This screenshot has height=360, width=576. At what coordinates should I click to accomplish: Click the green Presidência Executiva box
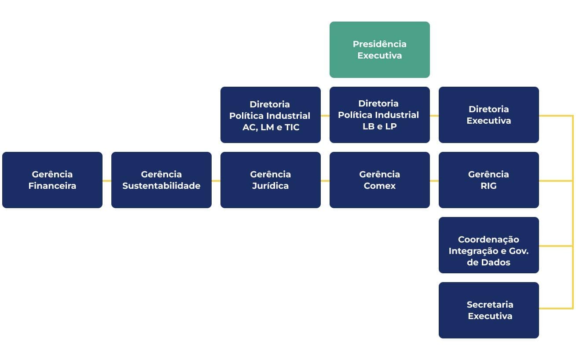click(x=379, y=50)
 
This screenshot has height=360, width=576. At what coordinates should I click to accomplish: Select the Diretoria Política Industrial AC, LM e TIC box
click(x=270, y=115)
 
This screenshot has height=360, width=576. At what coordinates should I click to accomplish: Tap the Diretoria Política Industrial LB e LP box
click(x=379, y=115)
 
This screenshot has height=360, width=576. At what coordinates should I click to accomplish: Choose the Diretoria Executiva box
click(x=488, y=115)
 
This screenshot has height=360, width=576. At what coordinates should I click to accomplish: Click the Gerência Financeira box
click(x=52, y=180)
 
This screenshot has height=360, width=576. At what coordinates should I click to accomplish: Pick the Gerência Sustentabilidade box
click(x=161, y=180)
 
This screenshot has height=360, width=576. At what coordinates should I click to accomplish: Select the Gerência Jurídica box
click(x=270, y=180)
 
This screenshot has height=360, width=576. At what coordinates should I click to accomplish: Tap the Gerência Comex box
click(x=379, y=180)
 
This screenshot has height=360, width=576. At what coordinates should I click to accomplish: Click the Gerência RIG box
click(x=488, y=180)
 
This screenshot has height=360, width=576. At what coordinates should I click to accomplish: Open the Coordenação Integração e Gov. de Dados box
click(x=488, y=245)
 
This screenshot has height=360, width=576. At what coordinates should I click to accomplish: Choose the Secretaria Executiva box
click(x=488, y=310)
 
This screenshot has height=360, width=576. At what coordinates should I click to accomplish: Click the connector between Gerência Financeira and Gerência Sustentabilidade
click(x=107, y=181)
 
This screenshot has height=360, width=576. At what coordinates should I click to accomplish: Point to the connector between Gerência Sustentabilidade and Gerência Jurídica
click(x=216, y=181)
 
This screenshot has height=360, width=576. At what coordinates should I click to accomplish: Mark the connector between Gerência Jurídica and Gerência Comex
click(x=325, y=181)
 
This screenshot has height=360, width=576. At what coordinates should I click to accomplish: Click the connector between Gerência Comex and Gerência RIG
click(x=434, y=181)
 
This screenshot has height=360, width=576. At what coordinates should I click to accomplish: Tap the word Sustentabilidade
click(x=161, y=186)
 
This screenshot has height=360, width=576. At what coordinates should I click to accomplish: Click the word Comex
click(x=379, y=186)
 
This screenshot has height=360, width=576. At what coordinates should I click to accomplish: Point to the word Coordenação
click(x=488, y=239)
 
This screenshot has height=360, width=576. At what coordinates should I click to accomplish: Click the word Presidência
click(x=379, y=44)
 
